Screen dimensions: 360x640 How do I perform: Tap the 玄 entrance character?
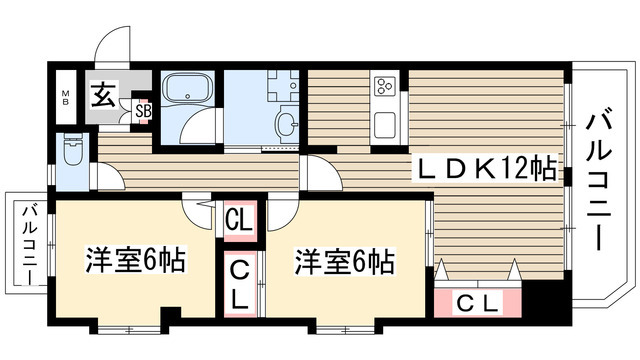[103, 96]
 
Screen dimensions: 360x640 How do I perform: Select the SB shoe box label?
[143, 111]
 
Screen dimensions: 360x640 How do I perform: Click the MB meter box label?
[67, 99]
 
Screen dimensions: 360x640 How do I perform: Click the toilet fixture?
[72, 154]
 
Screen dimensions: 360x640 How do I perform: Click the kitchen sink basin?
[386, 128]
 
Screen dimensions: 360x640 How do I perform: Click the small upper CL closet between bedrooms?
[238, 217]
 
